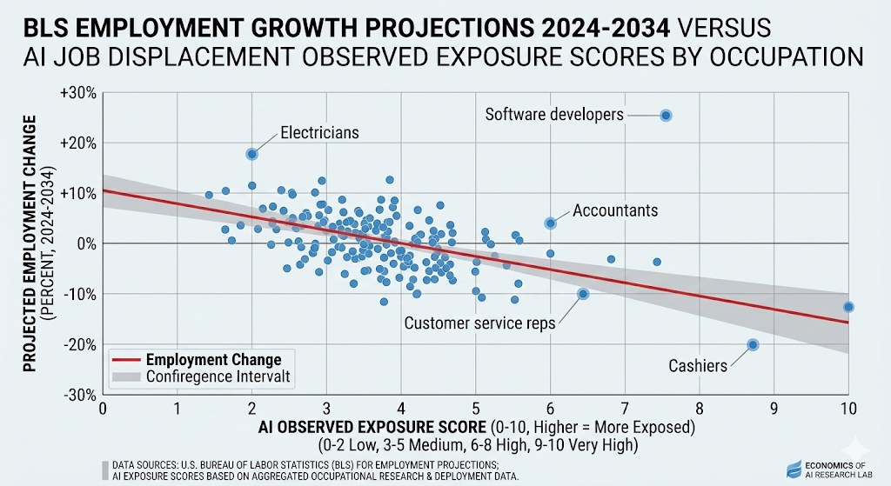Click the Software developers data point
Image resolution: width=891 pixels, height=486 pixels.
(x=666, y=115)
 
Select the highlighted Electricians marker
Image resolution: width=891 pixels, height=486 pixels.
(x=251, y=154)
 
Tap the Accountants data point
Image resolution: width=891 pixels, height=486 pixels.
(x=550, y=223)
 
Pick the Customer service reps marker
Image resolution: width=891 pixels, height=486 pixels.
(x=583, y=294)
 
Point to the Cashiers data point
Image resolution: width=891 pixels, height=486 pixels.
(x=753, y=344)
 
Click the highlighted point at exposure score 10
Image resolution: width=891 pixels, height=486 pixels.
(x=848, y=307)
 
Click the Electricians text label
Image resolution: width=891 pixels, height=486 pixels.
(x=319, y=133)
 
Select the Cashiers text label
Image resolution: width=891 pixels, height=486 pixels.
(x=697, y=366)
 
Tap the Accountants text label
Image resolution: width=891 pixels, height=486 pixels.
(x=615, y=210)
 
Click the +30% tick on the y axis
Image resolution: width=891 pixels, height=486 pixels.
(x=79, y=92)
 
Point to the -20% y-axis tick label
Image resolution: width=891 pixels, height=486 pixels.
(x=79, y=344)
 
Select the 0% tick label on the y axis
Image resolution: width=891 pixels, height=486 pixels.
(x=86, y=243)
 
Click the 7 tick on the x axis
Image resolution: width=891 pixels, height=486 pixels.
(x=625, y=407)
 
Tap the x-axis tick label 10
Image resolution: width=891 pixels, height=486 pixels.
(x=848, y=407)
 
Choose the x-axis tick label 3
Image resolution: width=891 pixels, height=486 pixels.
(x=326, y=407)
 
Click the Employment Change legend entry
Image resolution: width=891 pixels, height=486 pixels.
(x=213, y=360)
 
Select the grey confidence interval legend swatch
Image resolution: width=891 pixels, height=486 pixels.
(x=126, y=376)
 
